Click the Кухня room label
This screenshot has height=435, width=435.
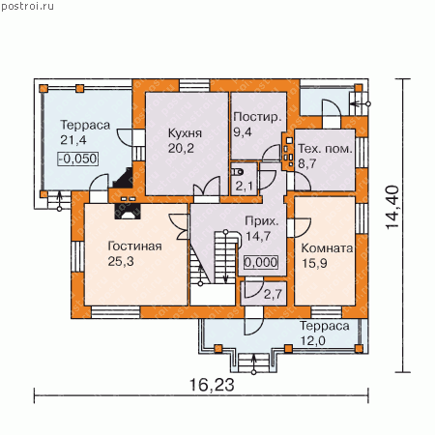point(185,133)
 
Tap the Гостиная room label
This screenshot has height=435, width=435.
point(134,246)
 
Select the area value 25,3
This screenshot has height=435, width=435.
point(121,261)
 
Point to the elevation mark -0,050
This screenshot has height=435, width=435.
point(78,159)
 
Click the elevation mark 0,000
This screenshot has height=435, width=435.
point(261,262)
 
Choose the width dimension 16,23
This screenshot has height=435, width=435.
point(212,385)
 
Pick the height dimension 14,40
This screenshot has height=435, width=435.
point(392,208)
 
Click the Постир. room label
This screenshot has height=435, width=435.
point(257,117)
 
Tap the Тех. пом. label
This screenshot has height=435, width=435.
point(325,149)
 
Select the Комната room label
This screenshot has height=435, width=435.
point(327,248)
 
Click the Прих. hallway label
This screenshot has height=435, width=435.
point(261,221)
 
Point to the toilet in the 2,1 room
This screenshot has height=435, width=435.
point(238,172)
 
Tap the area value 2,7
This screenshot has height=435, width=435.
point(273,294)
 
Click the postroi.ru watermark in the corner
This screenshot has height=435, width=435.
point(28,7)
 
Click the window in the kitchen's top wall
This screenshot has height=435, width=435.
point(194,85)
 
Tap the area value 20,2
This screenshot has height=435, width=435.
point(181,148)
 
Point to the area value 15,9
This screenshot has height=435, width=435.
point(314,263)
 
